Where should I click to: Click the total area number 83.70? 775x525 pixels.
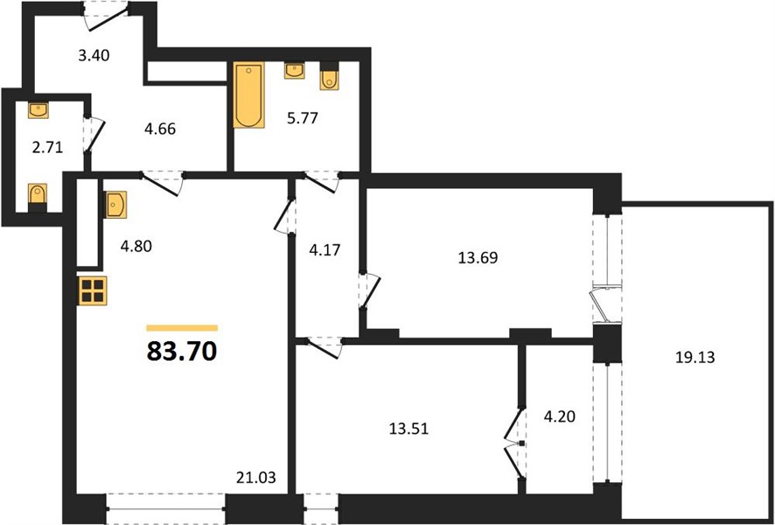182,352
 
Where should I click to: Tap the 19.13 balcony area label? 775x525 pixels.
695,357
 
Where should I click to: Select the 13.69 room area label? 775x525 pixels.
478,257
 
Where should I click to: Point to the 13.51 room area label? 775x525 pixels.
408,429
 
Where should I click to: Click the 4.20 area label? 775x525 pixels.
560,416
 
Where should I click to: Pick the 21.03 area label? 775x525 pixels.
256,478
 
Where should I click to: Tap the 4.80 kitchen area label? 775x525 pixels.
136,246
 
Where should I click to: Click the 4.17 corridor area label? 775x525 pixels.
325,249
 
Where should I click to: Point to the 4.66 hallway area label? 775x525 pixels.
160,129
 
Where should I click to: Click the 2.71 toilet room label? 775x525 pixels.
47,147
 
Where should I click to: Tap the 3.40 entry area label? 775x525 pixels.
94,55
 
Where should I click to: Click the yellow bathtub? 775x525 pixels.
248,94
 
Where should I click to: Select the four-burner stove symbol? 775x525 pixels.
93,290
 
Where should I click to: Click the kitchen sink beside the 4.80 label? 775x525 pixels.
115,204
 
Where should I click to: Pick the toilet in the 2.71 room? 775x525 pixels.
38,197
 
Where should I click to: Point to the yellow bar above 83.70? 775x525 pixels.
183,328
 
